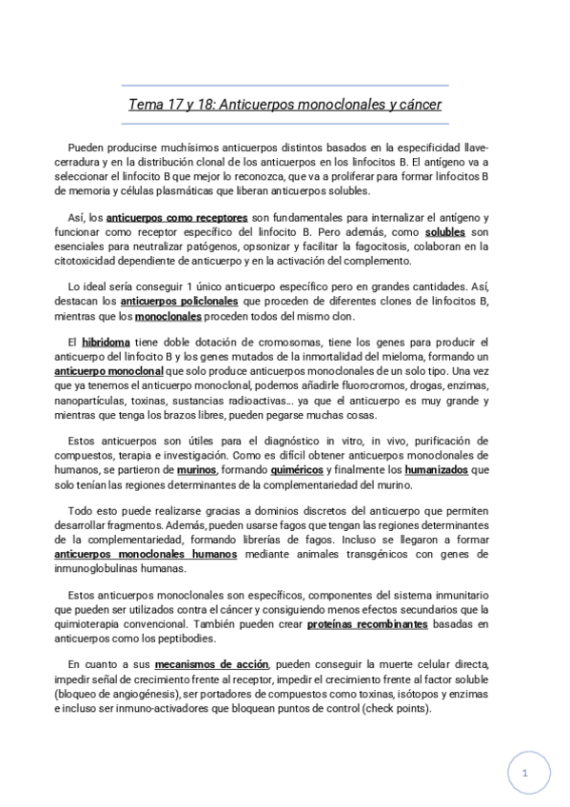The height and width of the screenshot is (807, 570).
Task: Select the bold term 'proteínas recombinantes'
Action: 367,624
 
